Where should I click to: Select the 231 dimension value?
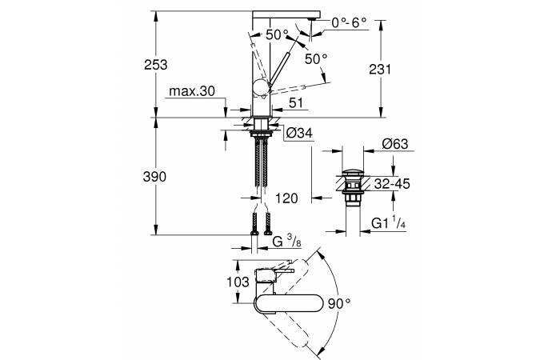[380, 70]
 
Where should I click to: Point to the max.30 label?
[192, 92]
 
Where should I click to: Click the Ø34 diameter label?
[298, 132]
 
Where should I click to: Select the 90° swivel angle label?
[340, 302]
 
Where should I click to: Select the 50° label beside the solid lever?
[315, 58]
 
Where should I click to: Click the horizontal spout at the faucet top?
[286, 13]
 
